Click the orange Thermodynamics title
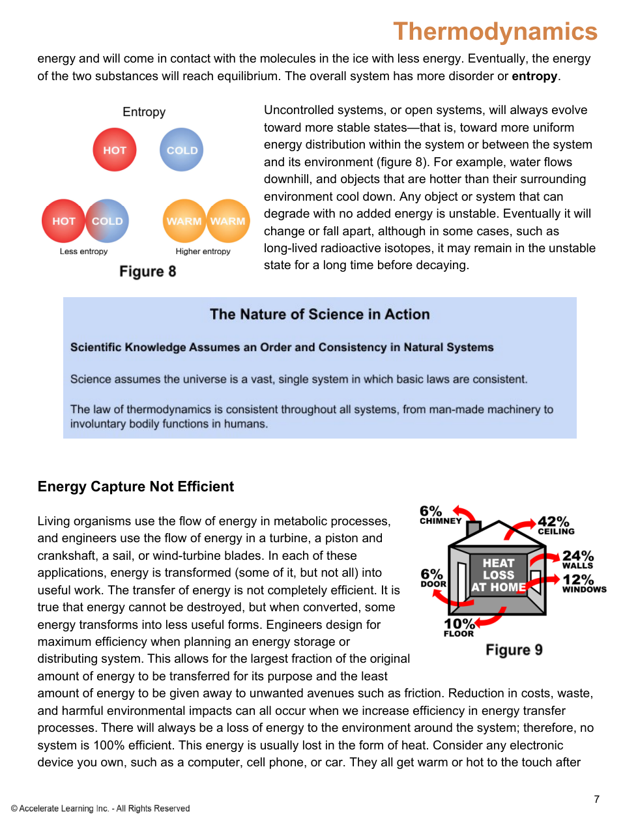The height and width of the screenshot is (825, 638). point(495,31)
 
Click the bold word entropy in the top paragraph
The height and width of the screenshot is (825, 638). point(534,76)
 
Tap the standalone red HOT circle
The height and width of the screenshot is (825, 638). point(115,150)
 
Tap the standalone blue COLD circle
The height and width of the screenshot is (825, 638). point(182,150)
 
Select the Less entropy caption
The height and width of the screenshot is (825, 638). point(83,252)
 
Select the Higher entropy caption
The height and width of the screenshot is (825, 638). point(203,252)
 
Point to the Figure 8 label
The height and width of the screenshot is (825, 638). point(147,272)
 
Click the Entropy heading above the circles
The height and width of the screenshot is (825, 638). point(144,112)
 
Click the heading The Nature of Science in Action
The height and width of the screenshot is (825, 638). point(319,314)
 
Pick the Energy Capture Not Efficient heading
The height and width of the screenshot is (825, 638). point(136,487)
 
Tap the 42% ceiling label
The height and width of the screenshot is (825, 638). point(555,525)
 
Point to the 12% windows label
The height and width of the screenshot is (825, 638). point(583,583)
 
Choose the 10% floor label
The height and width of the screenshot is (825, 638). point(459,628)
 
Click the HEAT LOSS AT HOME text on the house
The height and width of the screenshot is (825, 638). point(499,575)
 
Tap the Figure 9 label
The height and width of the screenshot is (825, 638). point(514,650)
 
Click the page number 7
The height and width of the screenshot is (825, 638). point(596,799)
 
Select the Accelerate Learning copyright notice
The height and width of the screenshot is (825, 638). point(100,809)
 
